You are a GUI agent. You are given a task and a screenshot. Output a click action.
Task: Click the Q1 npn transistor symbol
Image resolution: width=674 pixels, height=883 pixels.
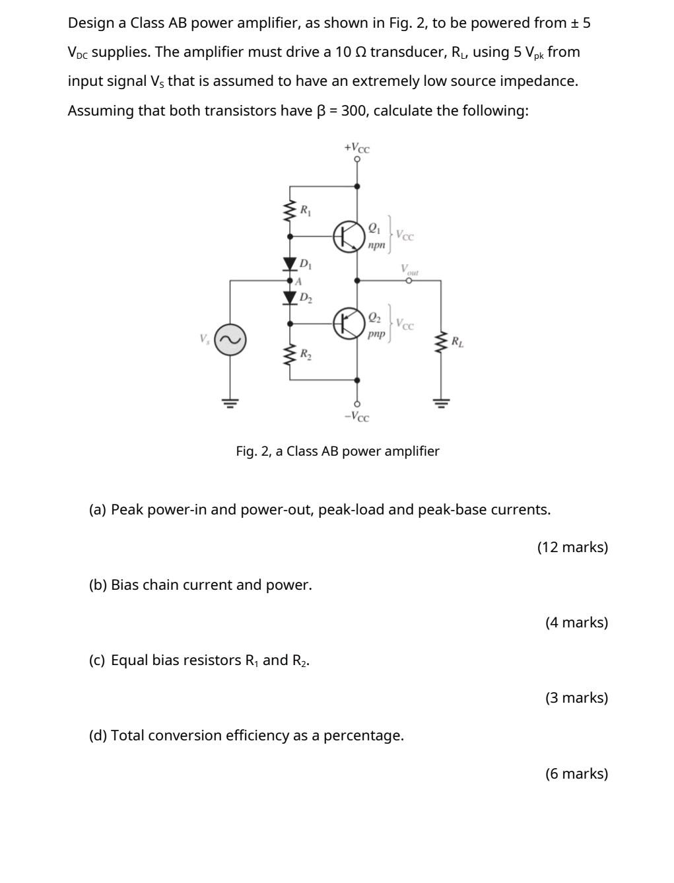coord(349,236)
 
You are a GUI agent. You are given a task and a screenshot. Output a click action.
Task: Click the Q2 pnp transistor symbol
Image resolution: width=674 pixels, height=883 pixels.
coord(349,323)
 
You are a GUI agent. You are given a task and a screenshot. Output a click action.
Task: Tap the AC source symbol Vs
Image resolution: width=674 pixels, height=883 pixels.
coord(230,340)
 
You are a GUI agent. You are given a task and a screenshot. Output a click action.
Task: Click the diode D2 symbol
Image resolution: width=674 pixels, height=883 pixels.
coord(289,297)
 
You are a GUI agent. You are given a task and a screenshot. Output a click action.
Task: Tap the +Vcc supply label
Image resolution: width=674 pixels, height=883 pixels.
coord(356,147)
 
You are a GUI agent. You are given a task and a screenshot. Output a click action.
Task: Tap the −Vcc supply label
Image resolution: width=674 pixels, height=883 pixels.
coord(356,417)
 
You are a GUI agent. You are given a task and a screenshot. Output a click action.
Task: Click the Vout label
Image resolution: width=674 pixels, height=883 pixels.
coord(409,269)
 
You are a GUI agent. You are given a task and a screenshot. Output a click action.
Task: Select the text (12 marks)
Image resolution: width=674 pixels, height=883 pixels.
coord(572,547)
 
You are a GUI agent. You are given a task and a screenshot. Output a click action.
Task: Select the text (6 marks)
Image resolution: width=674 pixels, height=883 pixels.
coord(576,773)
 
